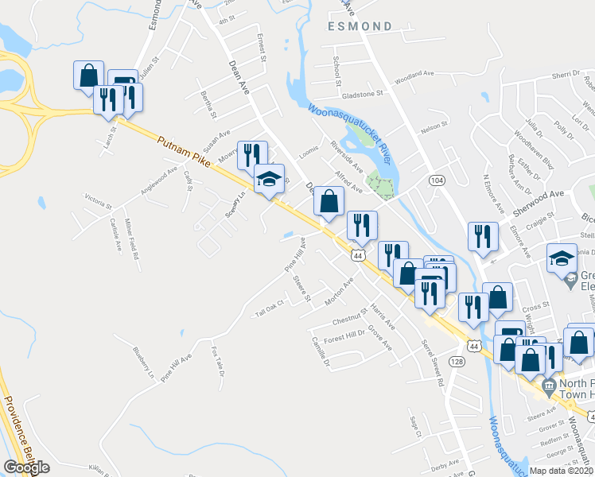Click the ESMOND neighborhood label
[x=360, y=26]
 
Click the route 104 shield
[x=436, y=181]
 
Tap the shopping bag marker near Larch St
[x=87, y=75]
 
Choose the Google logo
[x=26, y=467]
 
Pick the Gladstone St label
[x=362, y=93]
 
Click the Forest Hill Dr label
[x=344, y=335]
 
